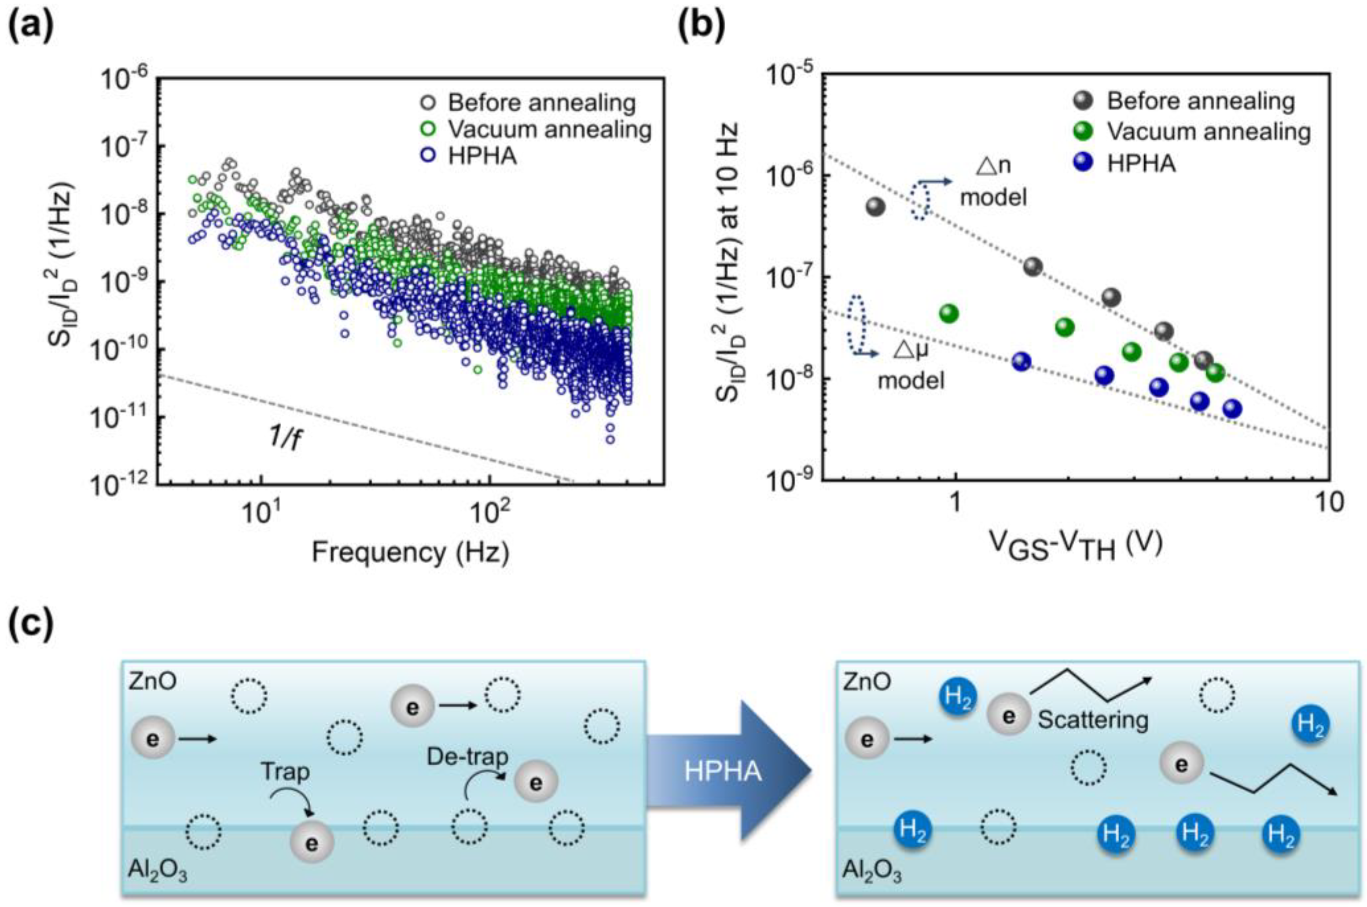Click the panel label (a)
(30, 26)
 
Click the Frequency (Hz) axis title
(411, 552)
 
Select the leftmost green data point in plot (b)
(949, 313)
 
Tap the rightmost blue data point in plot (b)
(1232, 409)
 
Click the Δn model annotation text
(993, 182)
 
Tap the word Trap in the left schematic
(285, 771)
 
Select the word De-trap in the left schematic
(467, 756)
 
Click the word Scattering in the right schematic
(1092, 720)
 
